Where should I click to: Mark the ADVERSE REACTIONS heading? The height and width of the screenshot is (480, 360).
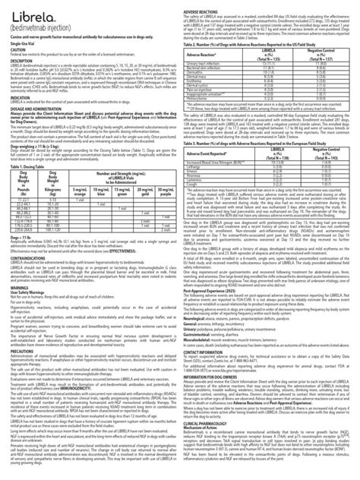pyautogui.click(x=206, y=3)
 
